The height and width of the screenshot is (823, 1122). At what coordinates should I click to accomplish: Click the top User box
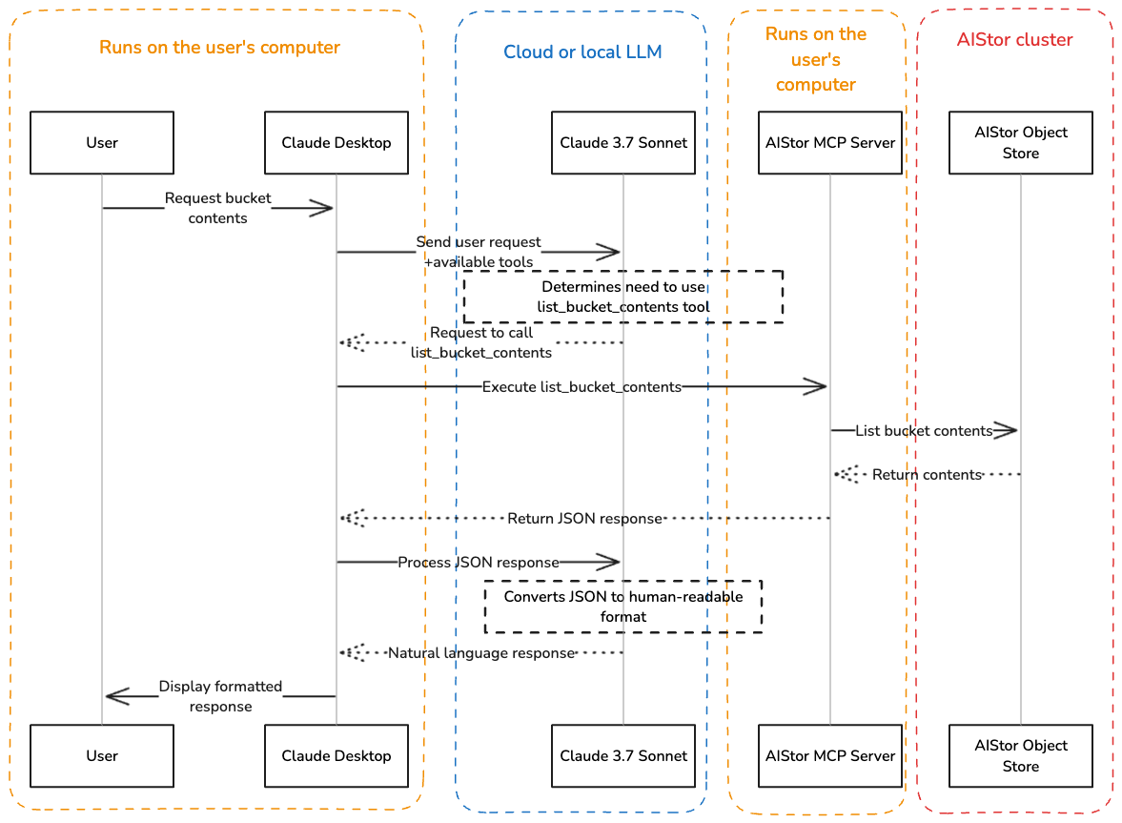point(102,143)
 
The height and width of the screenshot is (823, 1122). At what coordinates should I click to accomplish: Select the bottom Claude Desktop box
point(336,755)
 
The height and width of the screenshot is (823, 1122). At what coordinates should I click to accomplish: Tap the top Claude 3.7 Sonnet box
point(623,143)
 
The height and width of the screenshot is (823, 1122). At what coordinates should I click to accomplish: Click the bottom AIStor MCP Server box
point(830,755)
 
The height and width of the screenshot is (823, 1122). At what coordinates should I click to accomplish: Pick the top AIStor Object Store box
point(1021,143)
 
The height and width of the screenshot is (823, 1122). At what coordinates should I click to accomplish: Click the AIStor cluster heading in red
point(1014,40)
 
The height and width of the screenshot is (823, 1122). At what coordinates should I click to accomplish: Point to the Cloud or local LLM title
point(582,51)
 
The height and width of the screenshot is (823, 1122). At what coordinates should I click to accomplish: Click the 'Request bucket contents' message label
point(218,208)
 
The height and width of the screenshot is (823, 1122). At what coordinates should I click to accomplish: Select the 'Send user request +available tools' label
point(479,252)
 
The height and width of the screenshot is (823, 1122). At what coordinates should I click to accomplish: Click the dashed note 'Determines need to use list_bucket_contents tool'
point(623,297)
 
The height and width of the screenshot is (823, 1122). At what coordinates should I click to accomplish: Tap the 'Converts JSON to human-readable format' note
point(623,607)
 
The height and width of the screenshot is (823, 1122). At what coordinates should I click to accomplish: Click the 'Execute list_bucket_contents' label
point(581,386)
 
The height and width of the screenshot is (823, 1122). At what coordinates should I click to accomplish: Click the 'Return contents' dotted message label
point(927,474)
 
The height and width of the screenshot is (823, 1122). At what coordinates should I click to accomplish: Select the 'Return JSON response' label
point(584,518)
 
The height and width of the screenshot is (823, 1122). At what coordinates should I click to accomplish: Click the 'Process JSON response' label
point(479,562)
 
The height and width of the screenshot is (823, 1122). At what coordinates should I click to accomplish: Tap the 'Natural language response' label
point(481,653)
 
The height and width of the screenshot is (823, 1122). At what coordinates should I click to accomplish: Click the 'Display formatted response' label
point(220,696)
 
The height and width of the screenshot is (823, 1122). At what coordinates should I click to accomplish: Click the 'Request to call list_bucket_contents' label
point(481,342)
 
